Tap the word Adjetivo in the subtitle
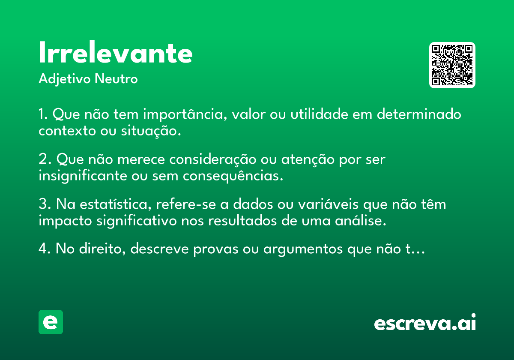(65, 79)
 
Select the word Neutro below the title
(116, 79)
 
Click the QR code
(452, 65)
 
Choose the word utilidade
(319, 114)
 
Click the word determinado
(419, 114)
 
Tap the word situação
(151, 131)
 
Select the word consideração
(213, 159)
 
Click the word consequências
(233, 176)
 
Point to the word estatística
(115, 204)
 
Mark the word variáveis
(328, 204)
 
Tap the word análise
(361, 221)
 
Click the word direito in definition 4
(102, 249)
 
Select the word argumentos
(303, 249)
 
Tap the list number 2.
(45, 159)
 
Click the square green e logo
(51, 322)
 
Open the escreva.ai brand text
(425, 322)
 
